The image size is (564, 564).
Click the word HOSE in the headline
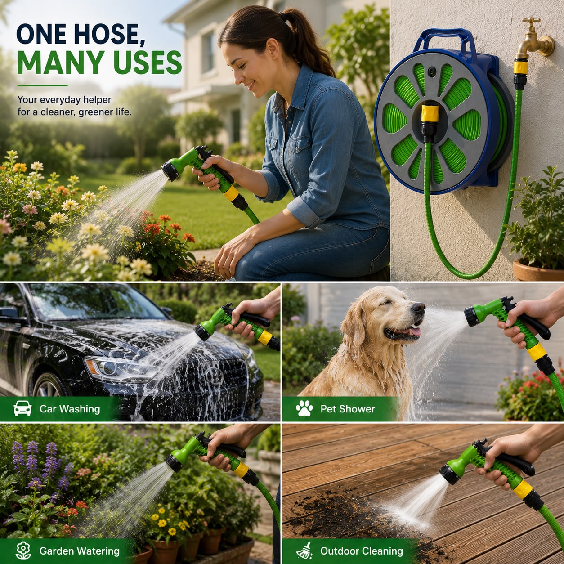(x=110, y=34)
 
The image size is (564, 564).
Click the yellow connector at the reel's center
(x=430, y=113)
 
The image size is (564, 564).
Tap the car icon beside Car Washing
(x=22, y=408)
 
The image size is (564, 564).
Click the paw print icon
(x=304, y=408)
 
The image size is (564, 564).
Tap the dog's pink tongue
(x=415, y=331)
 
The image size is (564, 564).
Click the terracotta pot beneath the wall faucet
(x=538, y=270)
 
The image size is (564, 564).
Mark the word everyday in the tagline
(x=60, y=100)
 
